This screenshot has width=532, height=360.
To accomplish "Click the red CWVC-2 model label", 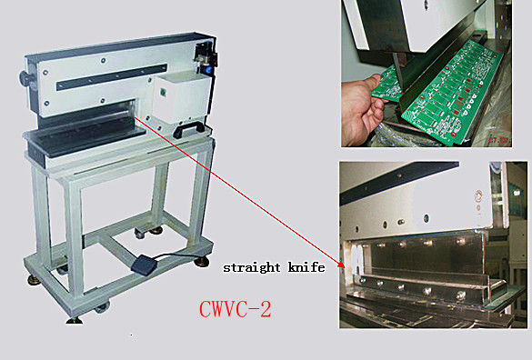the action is click(236, 309).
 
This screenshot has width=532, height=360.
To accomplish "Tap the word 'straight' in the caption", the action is click(252, 267).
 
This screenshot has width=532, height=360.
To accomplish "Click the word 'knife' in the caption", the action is click(306, 267).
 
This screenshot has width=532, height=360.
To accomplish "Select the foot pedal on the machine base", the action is click(144, 264).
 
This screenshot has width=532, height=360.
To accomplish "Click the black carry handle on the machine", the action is click(189, 129).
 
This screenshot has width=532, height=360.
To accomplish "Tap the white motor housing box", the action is click(177, 97).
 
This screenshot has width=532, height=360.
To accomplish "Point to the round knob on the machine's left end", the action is click(25, 78).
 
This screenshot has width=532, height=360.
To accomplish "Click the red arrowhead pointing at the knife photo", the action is click(341, 264).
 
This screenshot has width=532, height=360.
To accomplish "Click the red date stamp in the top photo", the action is click(500, 140).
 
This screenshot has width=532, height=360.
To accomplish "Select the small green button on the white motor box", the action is click(163, 92).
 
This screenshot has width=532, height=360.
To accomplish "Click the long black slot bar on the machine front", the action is click(112, 76).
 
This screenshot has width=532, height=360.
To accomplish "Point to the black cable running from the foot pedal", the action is click(180, 255).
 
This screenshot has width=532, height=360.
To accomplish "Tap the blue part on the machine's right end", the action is click(207, 69).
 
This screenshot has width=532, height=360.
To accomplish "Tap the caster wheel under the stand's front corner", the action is click(102, 308).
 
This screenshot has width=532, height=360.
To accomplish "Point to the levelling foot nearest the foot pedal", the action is click(202, 262).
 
